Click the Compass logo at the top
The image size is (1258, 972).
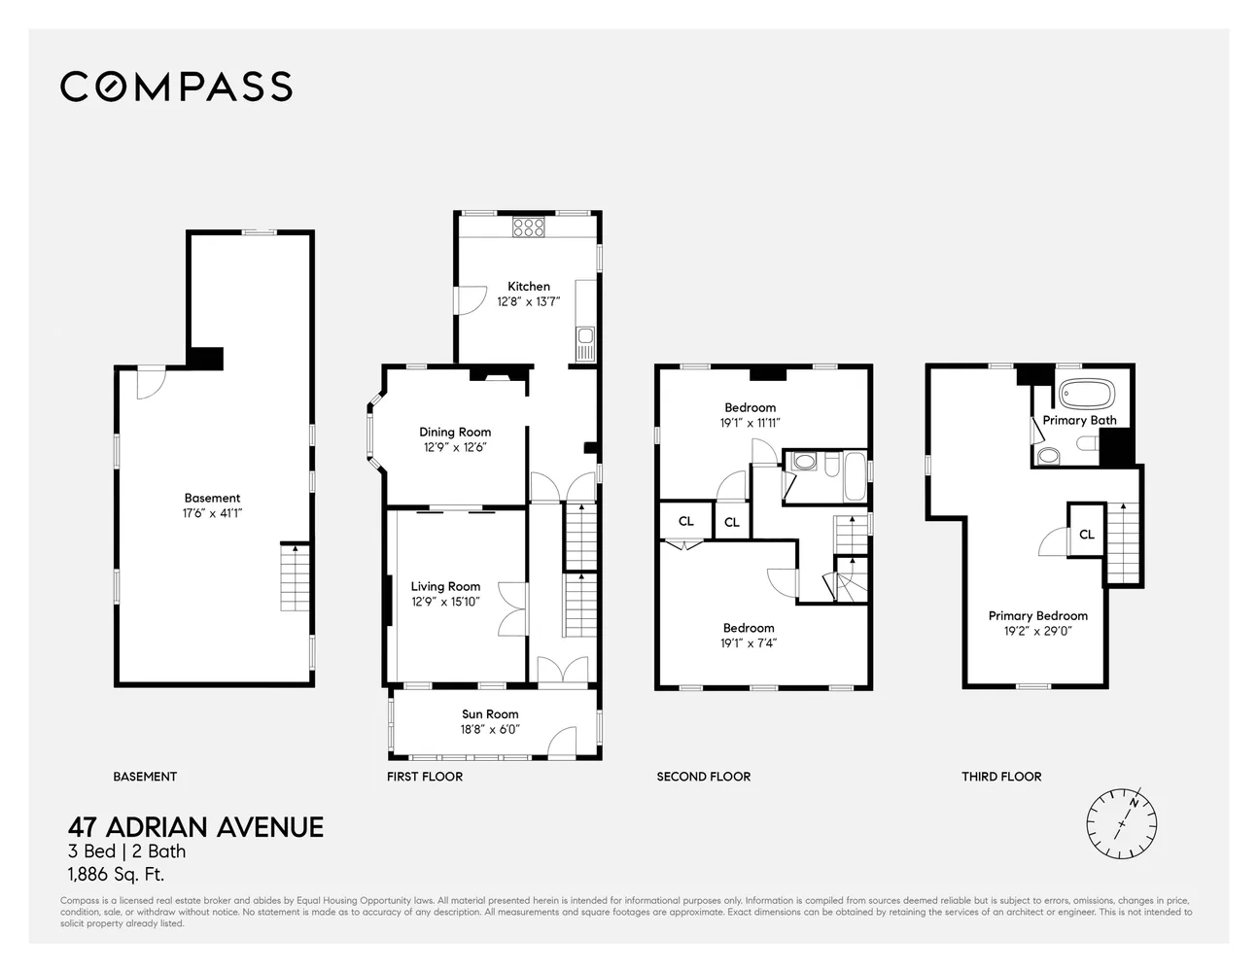(176, 87)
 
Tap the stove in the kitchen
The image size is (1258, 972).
(530, 227)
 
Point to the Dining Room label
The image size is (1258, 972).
(455, 433)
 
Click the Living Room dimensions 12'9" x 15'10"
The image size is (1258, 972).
(445, 602)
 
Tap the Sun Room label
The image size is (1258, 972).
(490, 714)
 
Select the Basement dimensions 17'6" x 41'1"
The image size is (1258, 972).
(212, 513)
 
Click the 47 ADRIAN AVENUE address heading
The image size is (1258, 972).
(195, 827)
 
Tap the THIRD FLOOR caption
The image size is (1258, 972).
(1001, 777)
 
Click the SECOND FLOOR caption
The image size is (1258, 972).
(703, 777)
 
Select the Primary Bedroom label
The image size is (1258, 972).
(1037, 616)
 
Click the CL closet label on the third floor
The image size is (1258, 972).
(1087, 534)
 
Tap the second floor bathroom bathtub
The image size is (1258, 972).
(854, 476)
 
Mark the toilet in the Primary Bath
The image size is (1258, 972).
(1048, 457)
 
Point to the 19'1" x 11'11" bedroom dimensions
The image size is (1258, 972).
(750, 423)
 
